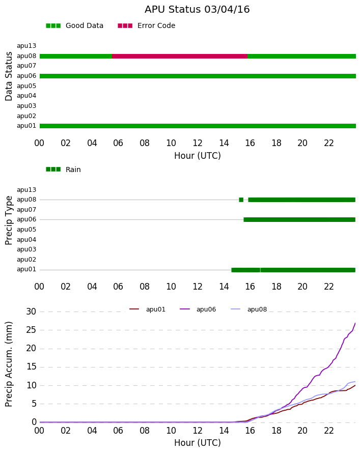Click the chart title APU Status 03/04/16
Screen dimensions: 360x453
pos(197,10)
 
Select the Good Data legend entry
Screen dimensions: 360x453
pos(74,26)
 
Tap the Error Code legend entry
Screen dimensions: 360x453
pos(147,26)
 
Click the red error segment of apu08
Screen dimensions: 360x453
pos(179,56)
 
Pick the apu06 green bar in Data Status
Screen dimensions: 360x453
pos(198,76)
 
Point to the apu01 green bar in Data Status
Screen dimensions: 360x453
pos(198,126)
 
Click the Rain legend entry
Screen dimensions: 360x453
pos(63,169)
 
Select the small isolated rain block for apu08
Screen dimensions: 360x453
pos(241,200)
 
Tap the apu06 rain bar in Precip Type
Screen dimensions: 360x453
pos(299,219)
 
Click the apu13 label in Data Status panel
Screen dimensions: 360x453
pos(26,46)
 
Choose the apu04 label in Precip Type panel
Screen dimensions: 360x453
pos(26,240)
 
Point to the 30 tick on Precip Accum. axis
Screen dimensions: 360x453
pos(31,312)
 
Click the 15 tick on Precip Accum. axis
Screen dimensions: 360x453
pos(31,367)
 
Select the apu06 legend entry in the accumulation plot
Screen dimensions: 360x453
pos(198,309)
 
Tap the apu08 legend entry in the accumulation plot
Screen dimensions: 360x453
pos(249,309)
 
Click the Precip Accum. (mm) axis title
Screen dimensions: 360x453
pos(9,364)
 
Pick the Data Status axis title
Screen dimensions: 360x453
pos(9,76)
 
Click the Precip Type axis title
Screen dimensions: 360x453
pos(9,220)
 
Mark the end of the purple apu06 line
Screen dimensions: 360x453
pos(355,323)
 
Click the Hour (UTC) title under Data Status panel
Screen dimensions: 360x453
pos(198,156)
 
